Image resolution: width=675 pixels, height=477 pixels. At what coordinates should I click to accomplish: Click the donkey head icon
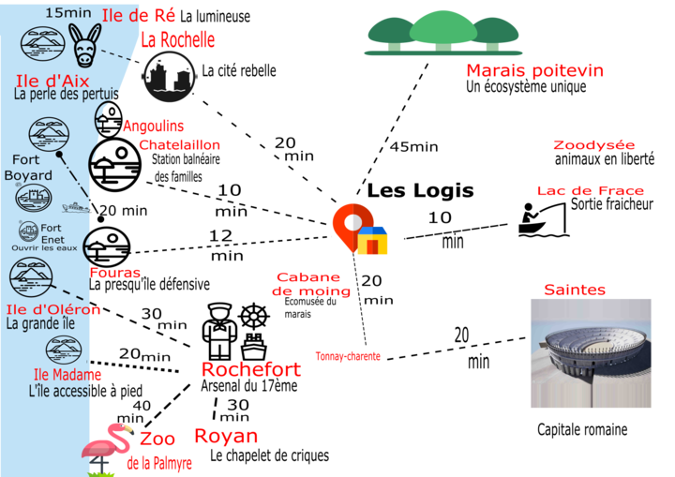(x=83, y=45)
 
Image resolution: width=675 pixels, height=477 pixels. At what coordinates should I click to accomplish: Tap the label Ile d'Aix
(x=52, y=81)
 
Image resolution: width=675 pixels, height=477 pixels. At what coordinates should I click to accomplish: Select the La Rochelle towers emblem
(x=170, y=76)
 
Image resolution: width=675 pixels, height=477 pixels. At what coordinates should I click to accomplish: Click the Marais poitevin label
(x=534, y=71)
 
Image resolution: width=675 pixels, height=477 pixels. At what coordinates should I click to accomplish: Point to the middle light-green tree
(x=443, y=28)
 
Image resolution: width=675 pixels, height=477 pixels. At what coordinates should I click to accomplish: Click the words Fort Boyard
(x=28, y=168)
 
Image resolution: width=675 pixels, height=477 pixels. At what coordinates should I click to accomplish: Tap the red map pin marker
(x=351, y=224)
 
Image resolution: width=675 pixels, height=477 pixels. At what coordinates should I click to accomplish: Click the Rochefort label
(x=251, y=369)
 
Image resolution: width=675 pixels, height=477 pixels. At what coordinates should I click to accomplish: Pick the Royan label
(x=226, y=437)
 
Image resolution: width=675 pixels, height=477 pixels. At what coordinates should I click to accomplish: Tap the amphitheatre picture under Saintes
(x=590, y=353)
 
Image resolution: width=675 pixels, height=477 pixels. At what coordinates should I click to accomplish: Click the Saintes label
(x=575, y=290)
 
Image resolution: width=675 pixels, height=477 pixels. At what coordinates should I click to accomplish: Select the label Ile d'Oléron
(x=52, y=309)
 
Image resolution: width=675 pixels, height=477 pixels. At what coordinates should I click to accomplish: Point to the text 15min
(x=67, y=12)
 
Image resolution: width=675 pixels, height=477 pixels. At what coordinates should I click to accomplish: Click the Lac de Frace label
(x=590, y=190)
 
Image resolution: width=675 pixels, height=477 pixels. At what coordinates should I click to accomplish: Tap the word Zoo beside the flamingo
(x=151, y=439)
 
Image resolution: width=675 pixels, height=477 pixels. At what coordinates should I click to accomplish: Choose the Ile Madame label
(x=67, y=375)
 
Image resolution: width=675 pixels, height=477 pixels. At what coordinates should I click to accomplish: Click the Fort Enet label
(x=51, y=228)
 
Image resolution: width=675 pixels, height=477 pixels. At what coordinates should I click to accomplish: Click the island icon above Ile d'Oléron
(x=29, y=276)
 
